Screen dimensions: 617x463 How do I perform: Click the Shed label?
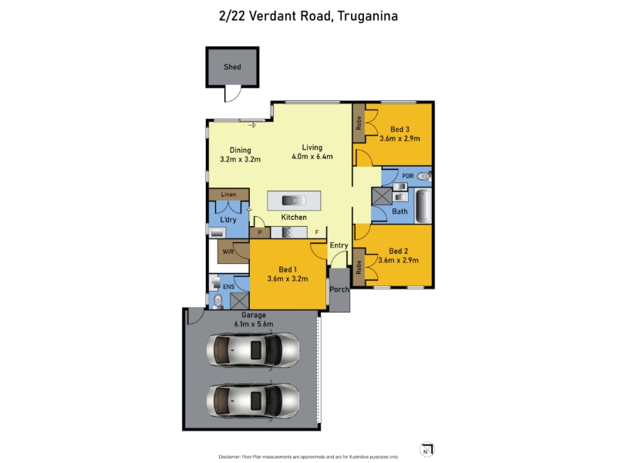[x=232, y=67]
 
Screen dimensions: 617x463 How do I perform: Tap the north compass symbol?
[x=427, y=450]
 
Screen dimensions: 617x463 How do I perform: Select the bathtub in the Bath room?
[x=423, y=206]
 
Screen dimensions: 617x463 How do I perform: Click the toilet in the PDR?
[x=423, y=177]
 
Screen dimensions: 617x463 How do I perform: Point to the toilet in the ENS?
[x=217, y=302]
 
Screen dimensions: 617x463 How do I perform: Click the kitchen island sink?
[x=294, y=201]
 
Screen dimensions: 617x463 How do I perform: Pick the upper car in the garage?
[x=253, y=350]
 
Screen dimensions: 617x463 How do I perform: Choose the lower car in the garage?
[x=253, y=400]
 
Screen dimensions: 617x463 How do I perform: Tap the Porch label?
[x=339, y=289]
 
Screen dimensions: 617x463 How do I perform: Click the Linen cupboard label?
[x=228, y=194]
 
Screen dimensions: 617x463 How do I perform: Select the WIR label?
[x=228, y=252]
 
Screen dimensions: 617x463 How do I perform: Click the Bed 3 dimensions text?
[x=400, y=139]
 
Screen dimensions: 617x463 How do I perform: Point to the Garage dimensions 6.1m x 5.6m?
[x=254, y=324]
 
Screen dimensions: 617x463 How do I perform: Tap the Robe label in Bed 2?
[x=359, y=267]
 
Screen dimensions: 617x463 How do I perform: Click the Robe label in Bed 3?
[x=359, y=123]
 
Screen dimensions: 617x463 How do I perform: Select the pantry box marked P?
[x=260, y=233]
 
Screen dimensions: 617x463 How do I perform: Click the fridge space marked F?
[x=317, y=232]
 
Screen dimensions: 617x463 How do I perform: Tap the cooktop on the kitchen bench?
[x=287, y=233]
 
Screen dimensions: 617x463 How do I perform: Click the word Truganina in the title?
[x=368, y=16]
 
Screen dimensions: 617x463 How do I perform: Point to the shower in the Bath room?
[x=382, y=196]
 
